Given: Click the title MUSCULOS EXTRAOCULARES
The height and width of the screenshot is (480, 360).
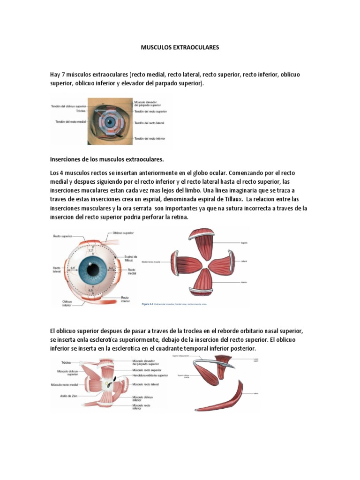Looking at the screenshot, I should point(180,48).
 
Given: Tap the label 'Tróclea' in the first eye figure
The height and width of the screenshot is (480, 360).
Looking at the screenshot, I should point(80,111).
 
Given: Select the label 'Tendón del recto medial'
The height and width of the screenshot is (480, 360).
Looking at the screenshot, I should point(69,122).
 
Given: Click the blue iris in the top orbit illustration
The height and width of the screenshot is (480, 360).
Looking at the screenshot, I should point(110,122).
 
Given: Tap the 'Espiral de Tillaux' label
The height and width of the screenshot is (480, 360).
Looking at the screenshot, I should point(131,258).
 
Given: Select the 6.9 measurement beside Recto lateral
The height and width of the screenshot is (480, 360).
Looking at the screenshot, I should point(72,268).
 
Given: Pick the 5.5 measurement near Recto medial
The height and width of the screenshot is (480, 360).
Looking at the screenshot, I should point(111,268).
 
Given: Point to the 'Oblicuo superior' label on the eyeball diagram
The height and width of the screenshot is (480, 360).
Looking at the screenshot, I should point(123,232).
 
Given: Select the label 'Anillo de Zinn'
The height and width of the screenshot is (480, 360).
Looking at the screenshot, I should point(67,396).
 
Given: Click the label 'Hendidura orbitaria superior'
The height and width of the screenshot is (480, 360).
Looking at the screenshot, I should point(150,375).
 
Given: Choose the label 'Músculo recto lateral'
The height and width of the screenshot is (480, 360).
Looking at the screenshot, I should point(146,384).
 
